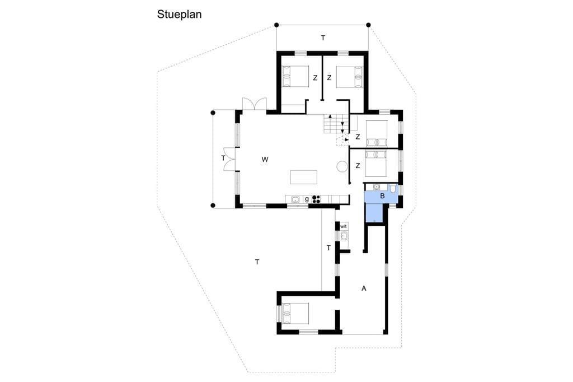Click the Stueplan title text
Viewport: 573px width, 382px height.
(179, 15)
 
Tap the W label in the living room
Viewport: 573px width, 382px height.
(265, 159)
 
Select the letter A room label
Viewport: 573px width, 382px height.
(364, 288)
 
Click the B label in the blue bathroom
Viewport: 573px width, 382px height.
(382, 196)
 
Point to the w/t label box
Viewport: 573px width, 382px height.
(344, 226)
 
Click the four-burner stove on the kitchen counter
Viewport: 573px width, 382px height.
(317, 199)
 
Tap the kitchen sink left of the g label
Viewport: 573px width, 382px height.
(295, 199)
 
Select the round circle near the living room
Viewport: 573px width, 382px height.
(342, 166)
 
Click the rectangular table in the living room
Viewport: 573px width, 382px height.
(304, 177)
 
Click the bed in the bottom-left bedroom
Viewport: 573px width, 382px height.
(295, 313)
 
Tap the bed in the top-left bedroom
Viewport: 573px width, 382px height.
(295, 77)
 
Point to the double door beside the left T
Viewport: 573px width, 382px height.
(229, 159)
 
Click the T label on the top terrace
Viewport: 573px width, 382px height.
(323, 38)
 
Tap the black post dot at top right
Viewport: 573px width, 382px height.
(368, 25)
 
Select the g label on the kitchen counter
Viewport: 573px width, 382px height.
(307, 199)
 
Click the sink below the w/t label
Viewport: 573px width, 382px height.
(344, 236)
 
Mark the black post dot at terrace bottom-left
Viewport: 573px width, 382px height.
(213, 205)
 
